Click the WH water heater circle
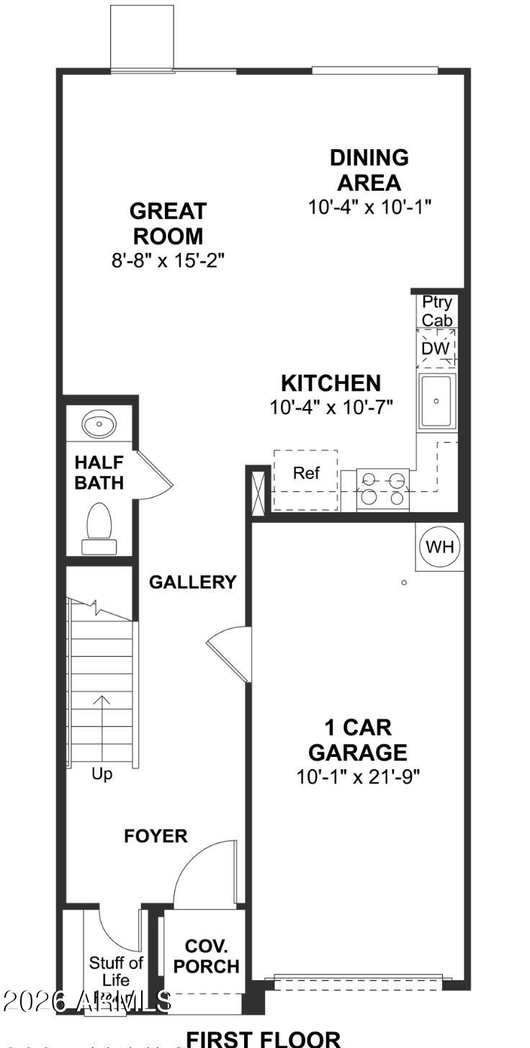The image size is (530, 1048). point(440,547)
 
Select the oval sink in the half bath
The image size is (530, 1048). point(99,424)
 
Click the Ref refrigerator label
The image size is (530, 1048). point(306,473)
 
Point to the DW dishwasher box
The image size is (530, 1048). point(436,349)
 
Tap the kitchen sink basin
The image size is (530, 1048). point(436,400)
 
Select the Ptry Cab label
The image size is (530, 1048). point(437,310)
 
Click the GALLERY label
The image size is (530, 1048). point(192,582)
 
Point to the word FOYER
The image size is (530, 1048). point(156,836)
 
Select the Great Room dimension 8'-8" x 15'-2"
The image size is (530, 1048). point(168,260)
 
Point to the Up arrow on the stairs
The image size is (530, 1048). point(102,724)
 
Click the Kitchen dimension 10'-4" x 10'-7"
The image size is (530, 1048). point(331,407)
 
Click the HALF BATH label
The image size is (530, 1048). point(99,473)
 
